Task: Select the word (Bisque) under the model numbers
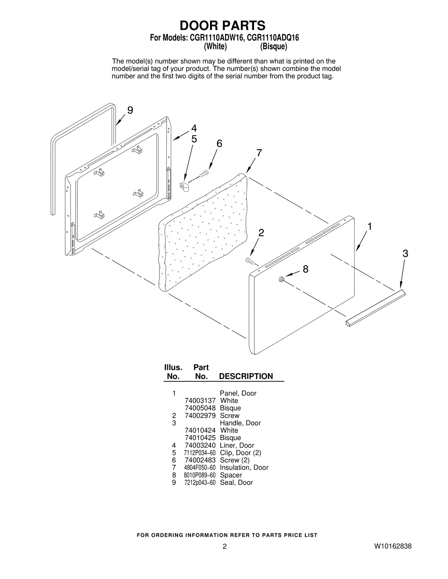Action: coord(274,47)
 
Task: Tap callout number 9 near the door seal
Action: coord(130,110)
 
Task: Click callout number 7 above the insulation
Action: coord(259,153)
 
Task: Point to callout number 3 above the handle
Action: coord(405,254)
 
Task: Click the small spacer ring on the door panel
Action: coord(281,279)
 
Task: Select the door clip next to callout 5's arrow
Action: coord(184,187)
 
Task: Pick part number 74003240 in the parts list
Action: coord(200,445)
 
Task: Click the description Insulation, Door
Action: coord(244,468)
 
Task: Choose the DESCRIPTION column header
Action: coord(246,376)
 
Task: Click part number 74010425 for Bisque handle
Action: coord(200,438)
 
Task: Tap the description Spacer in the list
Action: coord(231,475)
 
